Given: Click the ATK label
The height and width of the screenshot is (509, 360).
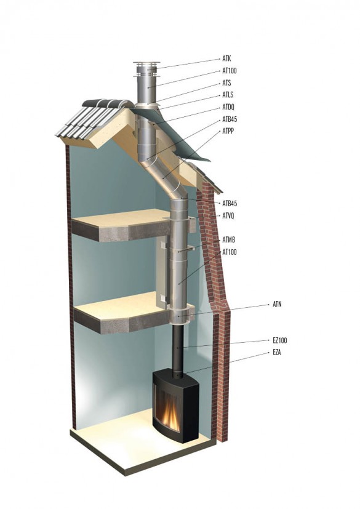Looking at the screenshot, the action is tap(226, 58).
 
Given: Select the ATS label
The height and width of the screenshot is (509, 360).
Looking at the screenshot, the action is tap(226, 83).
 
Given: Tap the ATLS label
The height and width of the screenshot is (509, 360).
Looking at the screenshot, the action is tap(228, 95).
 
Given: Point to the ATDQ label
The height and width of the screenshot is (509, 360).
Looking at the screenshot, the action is tap(228, 107).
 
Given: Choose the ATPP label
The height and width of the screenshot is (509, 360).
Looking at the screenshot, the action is tap(228, 131).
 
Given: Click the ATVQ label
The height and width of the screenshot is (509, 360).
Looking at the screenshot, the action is tap(228, 215).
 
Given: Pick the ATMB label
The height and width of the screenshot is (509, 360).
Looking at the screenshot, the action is tap(229, 240).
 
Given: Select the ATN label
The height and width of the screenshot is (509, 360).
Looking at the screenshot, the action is tap(277, 304).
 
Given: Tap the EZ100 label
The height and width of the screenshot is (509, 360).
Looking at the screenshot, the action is tap(280, 340).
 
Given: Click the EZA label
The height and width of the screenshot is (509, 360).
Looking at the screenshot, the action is tap(277, 353).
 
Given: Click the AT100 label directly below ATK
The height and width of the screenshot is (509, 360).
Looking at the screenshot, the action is tap(230, 71).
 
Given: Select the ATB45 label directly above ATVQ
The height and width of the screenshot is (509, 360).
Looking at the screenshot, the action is tap(230, 204).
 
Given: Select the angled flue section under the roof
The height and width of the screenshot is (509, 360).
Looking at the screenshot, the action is tap(162, 177).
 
